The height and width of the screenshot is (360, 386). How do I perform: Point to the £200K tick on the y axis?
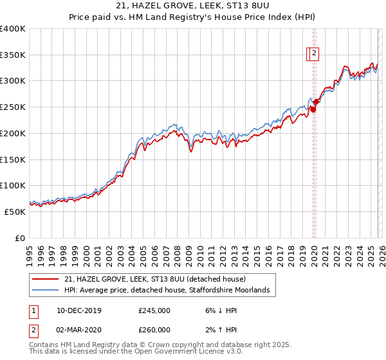(x=13, y=133)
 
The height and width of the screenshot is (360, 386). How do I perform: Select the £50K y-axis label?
(x=15, y=212)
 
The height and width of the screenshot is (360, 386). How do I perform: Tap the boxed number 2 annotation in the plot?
(x=313, y=55)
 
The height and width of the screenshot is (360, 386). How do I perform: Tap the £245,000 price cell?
(x=154, y=310)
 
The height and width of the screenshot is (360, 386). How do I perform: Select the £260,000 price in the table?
(x=154, y=330)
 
